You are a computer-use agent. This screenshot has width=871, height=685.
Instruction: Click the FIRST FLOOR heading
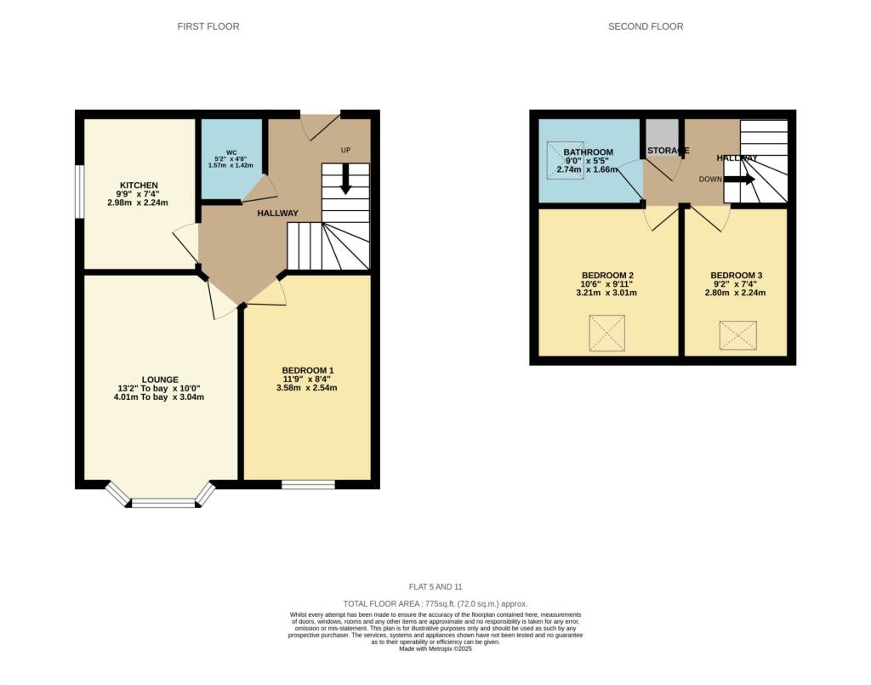coord(208,26)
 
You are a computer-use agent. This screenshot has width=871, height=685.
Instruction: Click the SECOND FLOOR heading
coord(646,26)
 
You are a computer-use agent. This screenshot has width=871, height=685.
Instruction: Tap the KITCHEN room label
coord(139,185)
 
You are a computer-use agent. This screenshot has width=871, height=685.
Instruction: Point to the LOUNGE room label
coord(161,380)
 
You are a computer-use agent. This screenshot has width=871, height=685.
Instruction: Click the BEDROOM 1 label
coord(307,370)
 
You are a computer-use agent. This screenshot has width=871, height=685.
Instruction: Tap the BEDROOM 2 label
coord(607,275)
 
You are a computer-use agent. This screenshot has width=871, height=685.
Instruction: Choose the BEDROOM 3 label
coord(737,275)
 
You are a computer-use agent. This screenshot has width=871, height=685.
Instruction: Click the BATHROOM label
coord(588,152)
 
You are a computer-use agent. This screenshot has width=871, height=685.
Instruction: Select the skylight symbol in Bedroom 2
coord(607,332)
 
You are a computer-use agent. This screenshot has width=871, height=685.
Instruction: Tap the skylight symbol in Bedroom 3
coord(737,334)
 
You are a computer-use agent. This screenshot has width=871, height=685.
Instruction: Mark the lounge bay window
coord(161,500)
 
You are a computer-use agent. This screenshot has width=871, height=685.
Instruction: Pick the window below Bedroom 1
coord(308,485)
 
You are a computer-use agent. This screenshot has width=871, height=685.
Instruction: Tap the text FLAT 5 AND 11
coord(435,587)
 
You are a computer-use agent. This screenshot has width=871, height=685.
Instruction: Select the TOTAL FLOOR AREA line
coord(435,602)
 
